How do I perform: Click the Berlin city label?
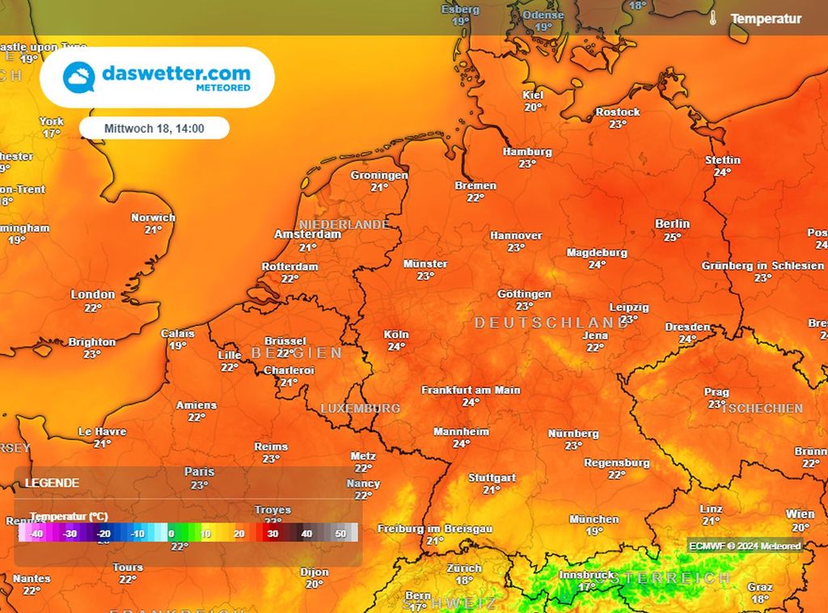coord(672,224)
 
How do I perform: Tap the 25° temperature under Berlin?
coord(672,237)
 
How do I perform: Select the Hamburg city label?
coord(527,151)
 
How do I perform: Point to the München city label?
coord(594,519)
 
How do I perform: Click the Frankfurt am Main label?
coord(471,390)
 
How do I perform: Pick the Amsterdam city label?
coord(307,234)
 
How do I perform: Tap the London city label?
coord(93,294)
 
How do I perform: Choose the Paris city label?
coord(199,471)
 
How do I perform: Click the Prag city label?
coord(716,392)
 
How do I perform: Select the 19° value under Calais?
coord(178,345)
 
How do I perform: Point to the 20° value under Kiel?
coord(533,107)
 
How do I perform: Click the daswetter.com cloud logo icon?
coord(79,78)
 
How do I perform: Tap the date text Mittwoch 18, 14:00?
coord(154,128)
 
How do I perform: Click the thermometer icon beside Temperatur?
coord(713,18)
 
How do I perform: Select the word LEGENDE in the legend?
coord(52,483)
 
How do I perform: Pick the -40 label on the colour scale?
coord(36,534)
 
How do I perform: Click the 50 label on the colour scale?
coord(340,534)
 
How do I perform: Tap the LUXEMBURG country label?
coord(360,408)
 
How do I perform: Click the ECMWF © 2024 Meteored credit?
coord(745,546)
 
